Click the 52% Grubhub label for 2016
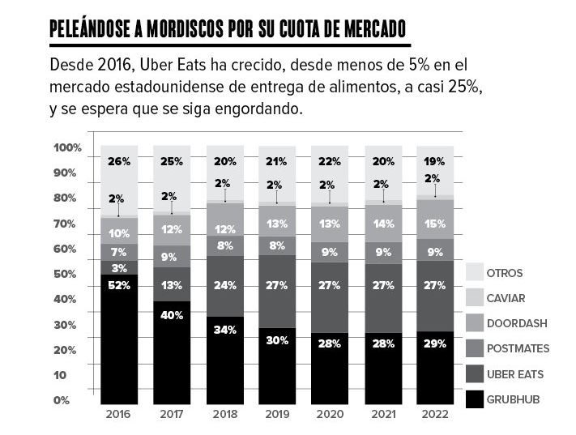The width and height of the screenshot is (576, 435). click(x=119, y=285)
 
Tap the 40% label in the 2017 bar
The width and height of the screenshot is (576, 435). click(x=172, y=315)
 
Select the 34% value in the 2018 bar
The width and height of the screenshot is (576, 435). click(x=224, y=330)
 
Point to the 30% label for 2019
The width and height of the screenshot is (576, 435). click(x=277, y=340)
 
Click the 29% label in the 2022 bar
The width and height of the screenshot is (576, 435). click(x=434, y=343)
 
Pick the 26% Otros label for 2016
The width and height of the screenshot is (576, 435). click(x=119, y=162)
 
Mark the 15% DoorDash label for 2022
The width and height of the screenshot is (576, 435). click(x=434, y=224)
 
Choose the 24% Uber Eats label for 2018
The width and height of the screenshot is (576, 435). click(x=224, y=285)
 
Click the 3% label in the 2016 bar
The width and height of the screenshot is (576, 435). click(x=119, y=268)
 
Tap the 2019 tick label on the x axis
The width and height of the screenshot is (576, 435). click(x=277, y=413)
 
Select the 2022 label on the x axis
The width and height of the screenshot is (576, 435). click(x=434, y=413)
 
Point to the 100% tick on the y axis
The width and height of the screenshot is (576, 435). click(x=67, y=148)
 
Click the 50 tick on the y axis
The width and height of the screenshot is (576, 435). click(x=65, y=275)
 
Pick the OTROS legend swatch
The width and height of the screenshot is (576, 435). click(x=474, y=273)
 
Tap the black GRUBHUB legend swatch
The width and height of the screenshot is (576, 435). click(x=474, y=399)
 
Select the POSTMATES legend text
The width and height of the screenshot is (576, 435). click(x=518, y=348)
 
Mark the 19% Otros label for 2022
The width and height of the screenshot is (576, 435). click(x=434, y=162)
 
